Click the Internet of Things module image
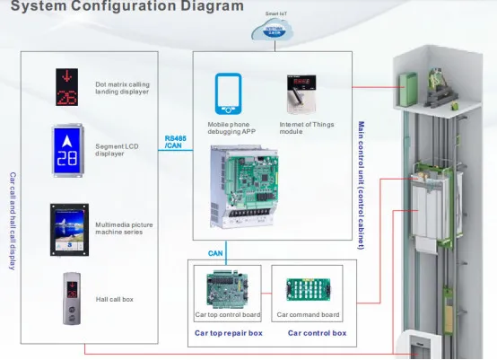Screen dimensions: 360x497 click(301, 95)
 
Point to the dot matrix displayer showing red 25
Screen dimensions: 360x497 click(66, 85)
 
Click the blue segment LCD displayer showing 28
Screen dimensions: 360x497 click(67, 151)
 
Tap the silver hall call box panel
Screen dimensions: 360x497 click(66, 297)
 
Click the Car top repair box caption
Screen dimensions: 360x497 click(229, 332)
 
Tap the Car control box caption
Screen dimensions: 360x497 click(317, 332)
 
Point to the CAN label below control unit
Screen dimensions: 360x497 click(215, 253)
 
